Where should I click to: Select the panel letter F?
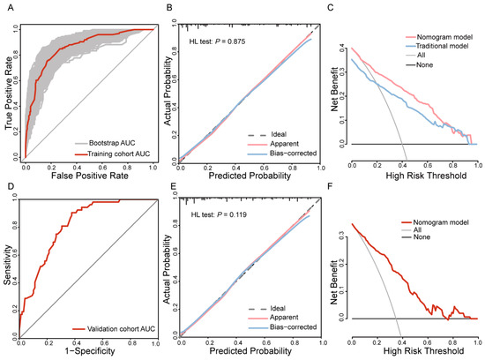pos(329,187)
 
